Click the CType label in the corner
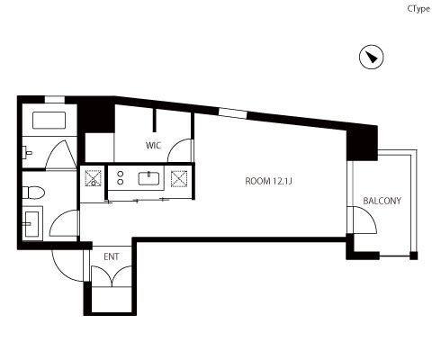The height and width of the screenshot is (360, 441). [x=418, y=9]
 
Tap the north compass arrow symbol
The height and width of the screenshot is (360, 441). [x=372, y=57]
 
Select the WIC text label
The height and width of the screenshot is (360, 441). [x=153, y=146]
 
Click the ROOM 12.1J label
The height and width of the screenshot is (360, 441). [x=268, y=181]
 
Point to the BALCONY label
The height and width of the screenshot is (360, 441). [x=382, y=201]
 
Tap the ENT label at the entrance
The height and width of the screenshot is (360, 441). [x=112, y=256]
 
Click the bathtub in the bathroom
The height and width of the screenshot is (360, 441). [x=49, y=121]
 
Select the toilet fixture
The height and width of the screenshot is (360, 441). [x=33, y=193]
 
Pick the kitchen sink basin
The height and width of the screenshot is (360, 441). [x=148, y=178]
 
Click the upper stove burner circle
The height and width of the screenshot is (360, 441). [x=121, y=174]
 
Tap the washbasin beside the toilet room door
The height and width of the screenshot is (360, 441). [x=31, y=223]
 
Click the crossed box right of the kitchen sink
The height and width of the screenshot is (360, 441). [x=179, y=179]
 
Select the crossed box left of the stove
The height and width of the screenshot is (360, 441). [x=94, y=178]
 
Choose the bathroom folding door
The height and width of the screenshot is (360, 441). [x=61, y=155]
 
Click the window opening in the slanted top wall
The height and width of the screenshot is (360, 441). [x=233, y=113]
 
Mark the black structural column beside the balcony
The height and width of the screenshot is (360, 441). [x=362, y=143]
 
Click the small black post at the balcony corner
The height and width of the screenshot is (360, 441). [x=414, y=256]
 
